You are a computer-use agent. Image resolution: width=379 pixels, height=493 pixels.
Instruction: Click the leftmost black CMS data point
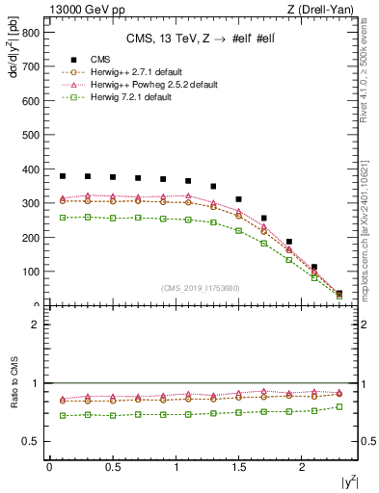pyautogui.click(x=63, y=176)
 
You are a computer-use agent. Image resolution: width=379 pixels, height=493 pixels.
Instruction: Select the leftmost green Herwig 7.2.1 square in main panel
pyautogui.click(x=63, y=218)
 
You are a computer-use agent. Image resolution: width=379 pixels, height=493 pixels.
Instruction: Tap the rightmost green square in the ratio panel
pyautogui.click(x=338, y=406)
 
